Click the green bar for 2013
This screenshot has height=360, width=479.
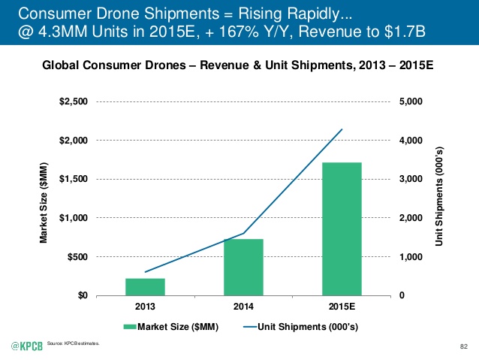145,287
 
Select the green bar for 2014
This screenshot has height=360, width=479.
243,268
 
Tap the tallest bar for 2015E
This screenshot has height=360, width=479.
342,229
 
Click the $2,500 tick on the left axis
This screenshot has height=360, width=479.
74,101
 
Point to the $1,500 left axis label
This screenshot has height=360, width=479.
74,179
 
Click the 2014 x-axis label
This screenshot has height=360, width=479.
243,307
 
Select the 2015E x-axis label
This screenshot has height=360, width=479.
342,307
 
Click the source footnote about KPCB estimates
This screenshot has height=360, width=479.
73,343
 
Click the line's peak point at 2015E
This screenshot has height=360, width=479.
342,129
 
